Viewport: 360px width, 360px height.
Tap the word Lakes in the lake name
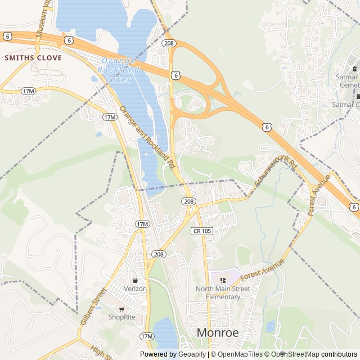(x=119, y=79)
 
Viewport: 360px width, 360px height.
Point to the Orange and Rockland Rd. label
(x=147, y=137)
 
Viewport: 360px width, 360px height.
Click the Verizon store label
(x=135, y=289)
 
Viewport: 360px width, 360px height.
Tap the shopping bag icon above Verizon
(x=135, y=280)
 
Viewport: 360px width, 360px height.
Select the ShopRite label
(x=122, y=317)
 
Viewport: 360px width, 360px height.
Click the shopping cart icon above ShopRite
(x=122, y=308)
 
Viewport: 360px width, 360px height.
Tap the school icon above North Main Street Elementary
(x=223, y=280)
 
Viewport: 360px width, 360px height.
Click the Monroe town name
(x=217, y=332)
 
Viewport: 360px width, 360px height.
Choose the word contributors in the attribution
(x=339, y=354)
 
